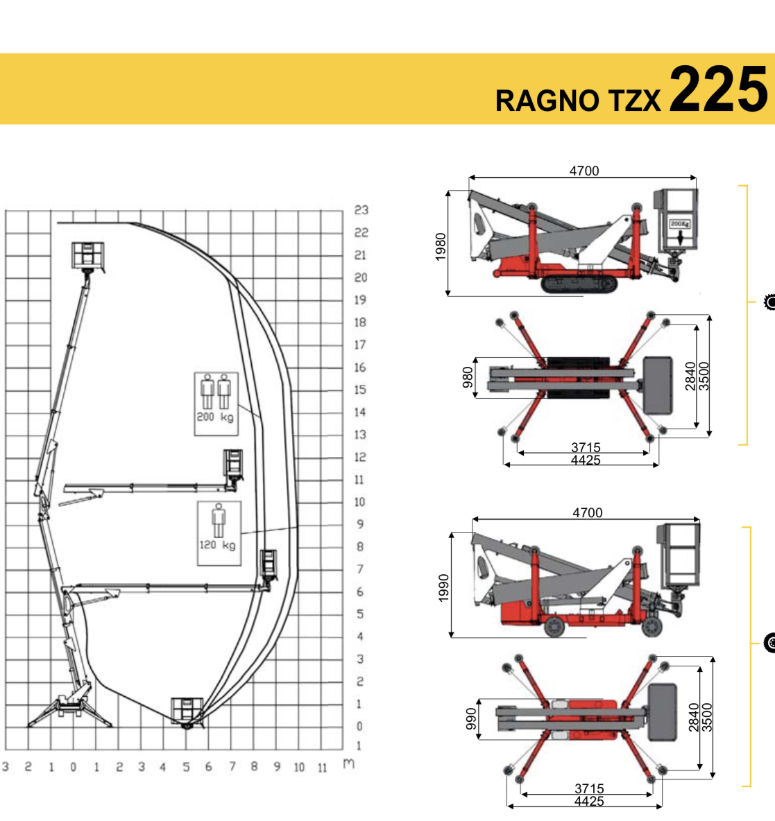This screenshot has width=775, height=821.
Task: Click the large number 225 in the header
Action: coord(718,89)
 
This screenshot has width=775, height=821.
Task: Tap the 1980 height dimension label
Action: coord(441,247)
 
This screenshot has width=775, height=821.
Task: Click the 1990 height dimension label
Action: coord(444,587)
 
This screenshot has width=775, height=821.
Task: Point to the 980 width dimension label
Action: coord(468,377)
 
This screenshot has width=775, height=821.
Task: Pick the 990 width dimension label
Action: coord(471,718)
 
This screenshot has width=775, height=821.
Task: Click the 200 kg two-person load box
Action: coord(216,404)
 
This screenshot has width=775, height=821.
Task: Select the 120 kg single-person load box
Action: coord(219,533)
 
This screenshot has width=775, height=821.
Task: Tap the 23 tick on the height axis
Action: coord(361,210)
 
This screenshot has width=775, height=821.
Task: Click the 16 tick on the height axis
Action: coord(359,367)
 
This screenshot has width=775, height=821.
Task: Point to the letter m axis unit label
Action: coord(349,764)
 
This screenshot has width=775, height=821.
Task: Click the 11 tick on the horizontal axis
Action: coord(322,768)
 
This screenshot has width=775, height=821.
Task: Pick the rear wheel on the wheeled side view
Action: coord(554,626)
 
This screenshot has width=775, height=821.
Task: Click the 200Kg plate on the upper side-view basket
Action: coord(680,224)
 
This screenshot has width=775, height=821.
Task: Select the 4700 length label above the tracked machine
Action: coord(584,171)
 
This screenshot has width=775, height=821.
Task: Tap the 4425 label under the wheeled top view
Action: coord(589,801)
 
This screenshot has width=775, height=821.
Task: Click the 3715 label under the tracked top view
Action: coord(586,447)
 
